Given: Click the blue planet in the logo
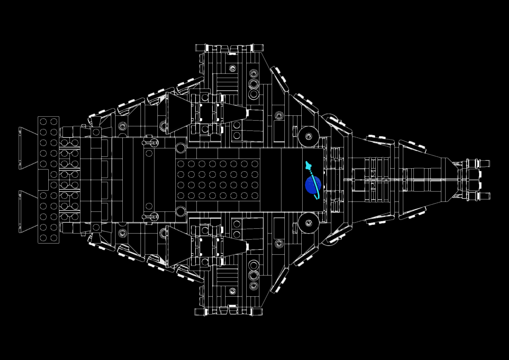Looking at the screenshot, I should coord(313,185).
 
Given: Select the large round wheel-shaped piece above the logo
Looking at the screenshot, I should coord(308,136).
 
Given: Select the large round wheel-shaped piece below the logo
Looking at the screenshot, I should coord(308,223).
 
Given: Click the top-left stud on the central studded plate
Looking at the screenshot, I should coord(181,164).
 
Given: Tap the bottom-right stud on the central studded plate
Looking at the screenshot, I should coord(255,196).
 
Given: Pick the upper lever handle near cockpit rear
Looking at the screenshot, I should coord(150,143).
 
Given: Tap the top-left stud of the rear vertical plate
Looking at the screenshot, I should coord(43,121).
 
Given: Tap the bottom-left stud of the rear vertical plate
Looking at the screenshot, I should coord(43,238).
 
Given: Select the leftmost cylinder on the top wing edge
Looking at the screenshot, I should coord(200,48).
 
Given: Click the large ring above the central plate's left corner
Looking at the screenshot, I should coord(180,148).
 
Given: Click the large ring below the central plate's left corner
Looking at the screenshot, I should coord(180,211).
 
